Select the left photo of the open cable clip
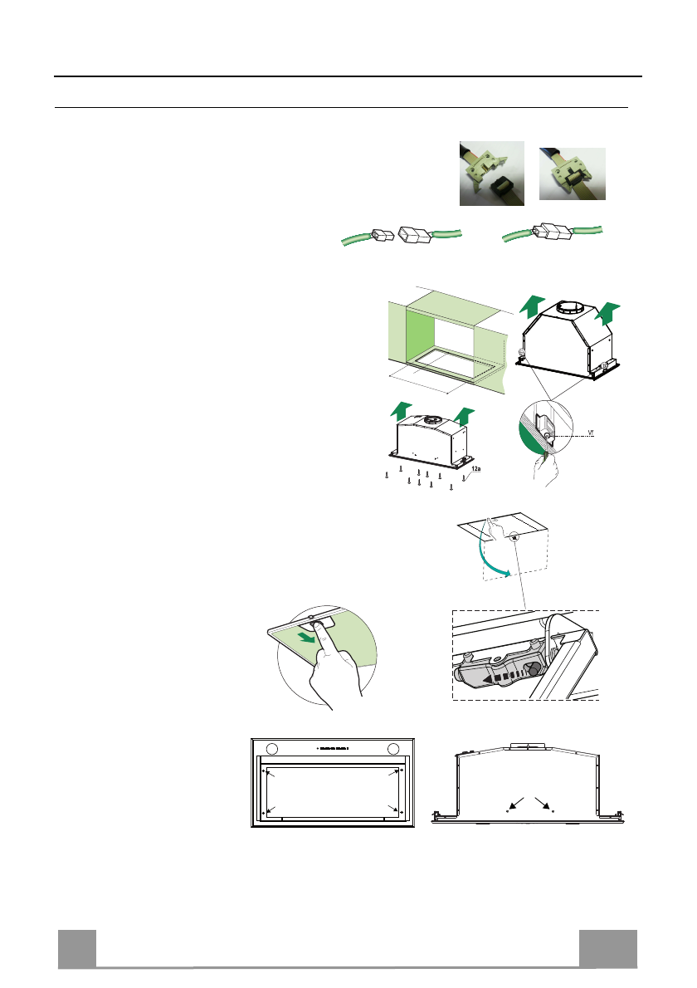(492, 173)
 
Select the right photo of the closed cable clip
(573, 173)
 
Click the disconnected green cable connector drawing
(402, 236)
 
